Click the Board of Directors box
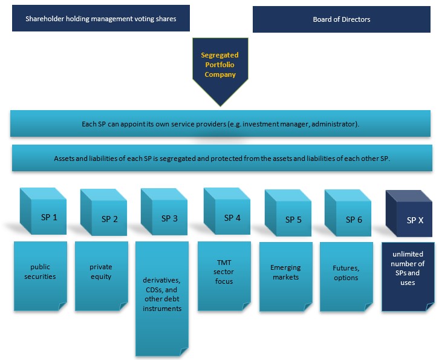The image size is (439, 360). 342,19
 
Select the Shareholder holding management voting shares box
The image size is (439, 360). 101,19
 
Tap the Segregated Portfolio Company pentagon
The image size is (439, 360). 219,67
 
